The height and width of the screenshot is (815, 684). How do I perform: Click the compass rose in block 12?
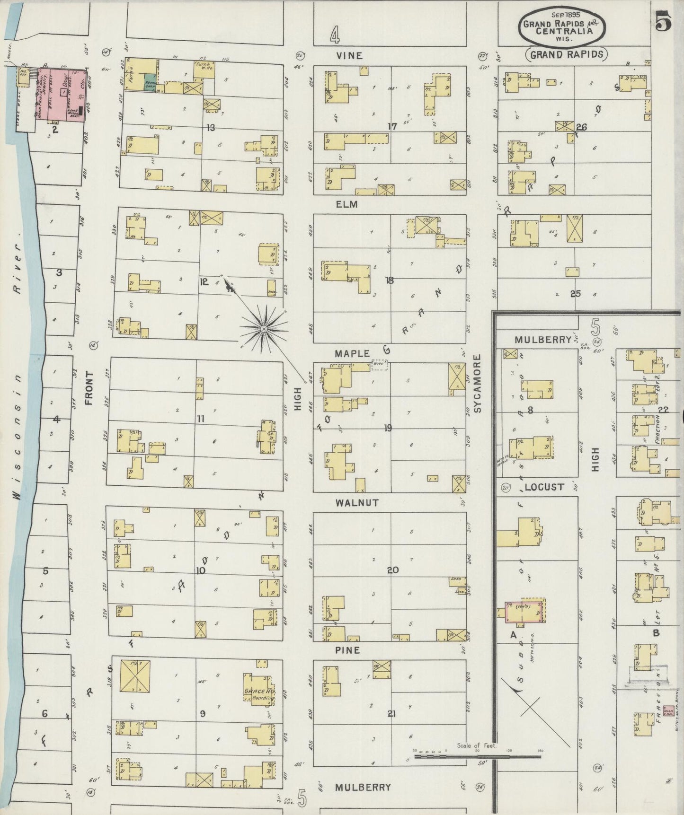[264, 328]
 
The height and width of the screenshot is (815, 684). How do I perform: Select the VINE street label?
[349, 56]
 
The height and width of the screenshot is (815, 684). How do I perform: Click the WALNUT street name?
[357, 503]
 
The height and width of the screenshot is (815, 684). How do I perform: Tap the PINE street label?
[348, 650]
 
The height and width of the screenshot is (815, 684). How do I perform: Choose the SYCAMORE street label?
[477, 384]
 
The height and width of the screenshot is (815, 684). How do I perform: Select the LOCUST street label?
[544, 487]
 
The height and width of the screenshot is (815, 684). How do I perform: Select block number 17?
[392, 127]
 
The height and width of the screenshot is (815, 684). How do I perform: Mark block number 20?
[392, 570]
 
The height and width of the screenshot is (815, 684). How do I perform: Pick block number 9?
[202, 714]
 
